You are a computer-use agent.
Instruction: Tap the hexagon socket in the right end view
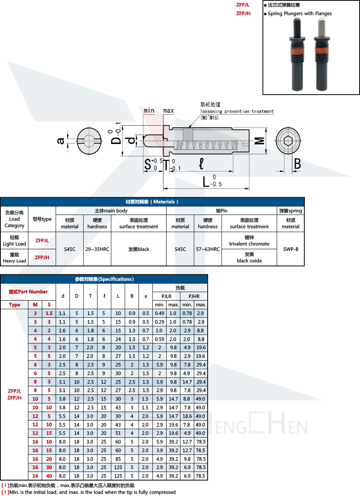(x=288, y=141)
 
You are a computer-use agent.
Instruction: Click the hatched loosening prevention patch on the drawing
(x=188, y=134)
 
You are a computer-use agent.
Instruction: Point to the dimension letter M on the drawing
(x=260, y=141)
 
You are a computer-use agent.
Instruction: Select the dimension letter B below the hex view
(x=297, y=164)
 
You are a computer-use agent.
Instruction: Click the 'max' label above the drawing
(x=168, y=111)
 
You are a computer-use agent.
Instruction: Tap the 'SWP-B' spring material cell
(x=291, y=249)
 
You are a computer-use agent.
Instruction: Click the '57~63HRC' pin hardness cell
(x=208, y=249)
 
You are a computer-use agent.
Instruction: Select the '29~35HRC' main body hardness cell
(x=97, y=249)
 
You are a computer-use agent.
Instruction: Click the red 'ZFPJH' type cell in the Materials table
(x=42, y=257)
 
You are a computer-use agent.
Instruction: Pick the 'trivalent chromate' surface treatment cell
(x=249, y=240)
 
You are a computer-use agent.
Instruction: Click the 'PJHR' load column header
(x=194, y=296)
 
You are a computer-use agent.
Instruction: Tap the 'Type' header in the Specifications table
(x=14, y=305)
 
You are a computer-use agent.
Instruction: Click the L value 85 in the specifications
(x=118, y=459)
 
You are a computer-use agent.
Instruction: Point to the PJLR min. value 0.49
(x=159, y=313)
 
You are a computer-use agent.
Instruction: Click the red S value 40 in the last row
(x=49, y=476)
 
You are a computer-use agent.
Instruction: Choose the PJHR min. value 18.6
(x=187, y=416)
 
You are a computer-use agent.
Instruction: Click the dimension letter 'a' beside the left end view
(x=60, y=141)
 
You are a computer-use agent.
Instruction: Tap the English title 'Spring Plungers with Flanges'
(x=300, y=14)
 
